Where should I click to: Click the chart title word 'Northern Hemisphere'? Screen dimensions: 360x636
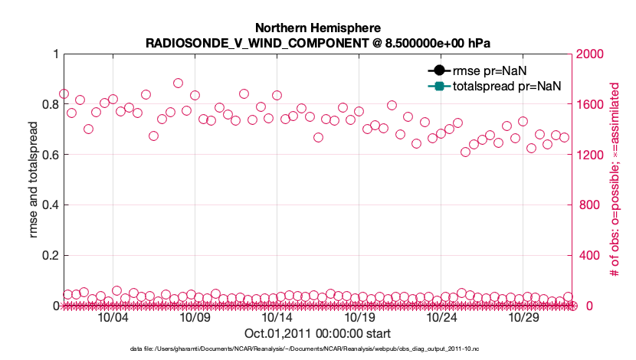tap(317, 29)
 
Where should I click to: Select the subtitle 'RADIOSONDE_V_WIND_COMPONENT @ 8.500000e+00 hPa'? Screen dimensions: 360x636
tap(317, 43)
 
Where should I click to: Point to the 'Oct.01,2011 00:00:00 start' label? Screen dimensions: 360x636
tap(317, 334)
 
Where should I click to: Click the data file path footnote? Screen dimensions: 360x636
tap(317, 349)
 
